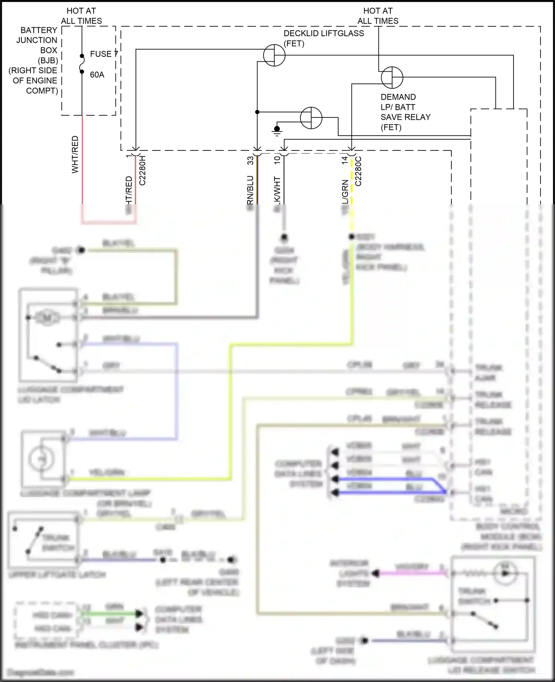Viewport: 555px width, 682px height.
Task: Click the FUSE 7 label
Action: point(104,54)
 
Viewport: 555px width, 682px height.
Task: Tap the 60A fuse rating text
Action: point(97,75)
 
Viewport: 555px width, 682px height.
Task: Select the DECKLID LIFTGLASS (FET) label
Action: point(323,38)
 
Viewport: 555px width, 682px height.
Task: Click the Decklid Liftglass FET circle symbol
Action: point(274,55)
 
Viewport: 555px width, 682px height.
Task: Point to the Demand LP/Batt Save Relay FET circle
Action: point(392,78)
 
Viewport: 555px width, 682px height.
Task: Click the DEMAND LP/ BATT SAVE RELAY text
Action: point(405,112)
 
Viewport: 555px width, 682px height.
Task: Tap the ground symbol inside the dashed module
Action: point(277,130)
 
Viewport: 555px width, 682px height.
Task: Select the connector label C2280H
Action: point(142,170)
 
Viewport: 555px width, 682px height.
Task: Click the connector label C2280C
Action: point(358,171)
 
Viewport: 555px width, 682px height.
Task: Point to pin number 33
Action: point(250,160)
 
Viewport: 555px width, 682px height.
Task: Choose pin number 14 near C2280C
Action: point(345,160)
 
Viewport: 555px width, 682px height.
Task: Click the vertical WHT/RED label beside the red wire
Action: point(75,154)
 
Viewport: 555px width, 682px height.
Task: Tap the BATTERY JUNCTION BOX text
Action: point(37,40)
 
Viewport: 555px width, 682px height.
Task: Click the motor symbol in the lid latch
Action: point(47,317)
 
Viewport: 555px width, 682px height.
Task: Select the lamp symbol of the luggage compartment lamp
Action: point(42,459)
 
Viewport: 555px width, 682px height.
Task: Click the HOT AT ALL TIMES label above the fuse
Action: point(81,16)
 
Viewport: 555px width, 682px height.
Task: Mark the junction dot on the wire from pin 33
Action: point(257,112)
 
